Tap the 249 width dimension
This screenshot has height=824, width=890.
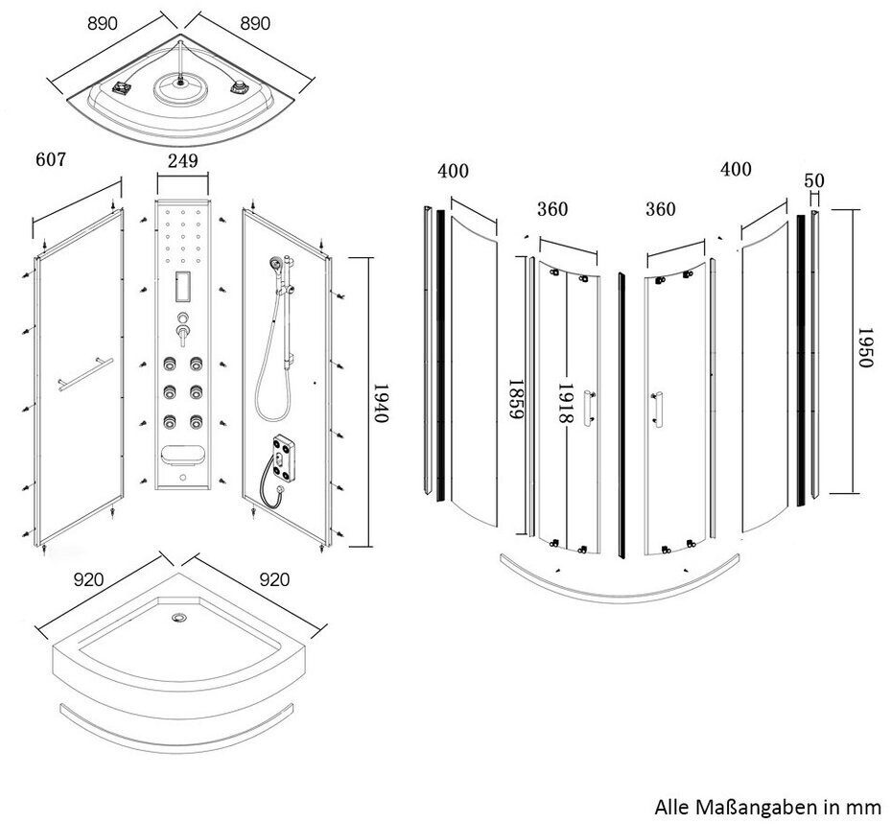tap(183, 161)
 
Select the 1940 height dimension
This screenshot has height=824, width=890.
tap(383, 402)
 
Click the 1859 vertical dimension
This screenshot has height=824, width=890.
tap(515, 402)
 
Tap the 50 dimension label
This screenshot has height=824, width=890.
tap(815, 180)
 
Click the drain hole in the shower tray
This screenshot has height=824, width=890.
tap(177, 619)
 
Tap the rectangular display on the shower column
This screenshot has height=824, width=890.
tap(182, 284)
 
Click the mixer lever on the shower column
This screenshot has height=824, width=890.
tap(181, 334)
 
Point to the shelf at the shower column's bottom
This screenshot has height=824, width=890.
tap(181, 455)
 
